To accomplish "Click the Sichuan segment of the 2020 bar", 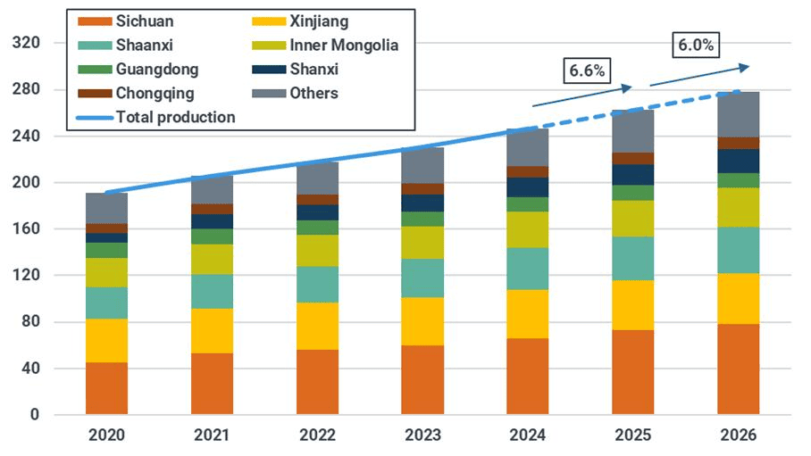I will pyautogui.click(x=106, y=388).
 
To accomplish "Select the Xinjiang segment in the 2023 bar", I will pyautogui.click(x=422, y=321).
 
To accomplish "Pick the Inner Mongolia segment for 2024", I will pyautogui.click(x=527, y=229).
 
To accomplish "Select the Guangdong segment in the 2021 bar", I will pyautogui.click(x=212, y=236).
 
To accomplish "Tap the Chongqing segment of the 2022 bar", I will pyautogui.click(x=317, y=200).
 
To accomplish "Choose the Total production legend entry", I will pyautogui.click(x=174, y=117).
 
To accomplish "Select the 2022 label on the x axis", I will pyautogui.click(x=317, y=435).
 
